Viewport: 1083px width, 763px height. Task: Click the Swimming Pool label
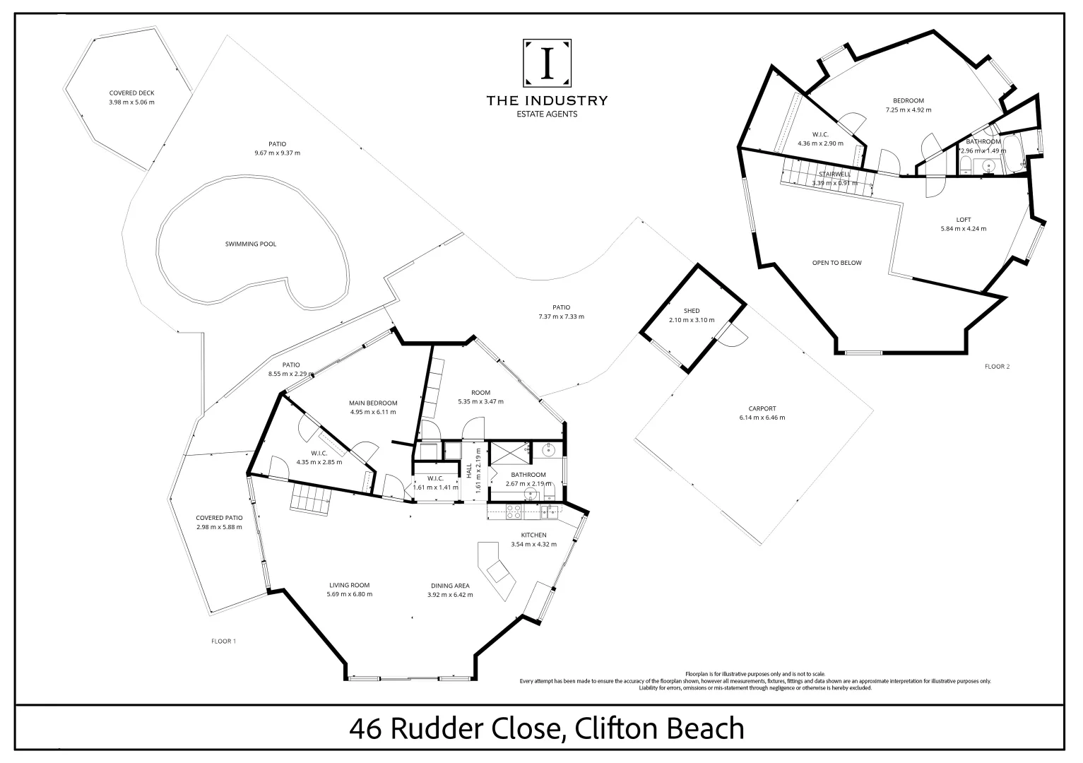[x=251, y=244]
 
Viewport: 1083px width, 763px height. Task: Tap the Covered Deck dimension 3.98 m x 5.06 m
[x=131, y=102]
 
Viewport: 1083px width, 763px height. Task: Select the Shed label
[x=692, y=311]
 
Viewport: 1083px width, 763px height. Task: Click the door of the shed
[x=731, y=336]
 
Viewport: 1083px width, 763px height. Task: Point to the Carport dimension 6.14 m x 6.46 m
[x=762, y=418]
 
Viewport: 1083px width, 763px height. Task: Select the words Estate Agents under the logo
[x=547, y=114]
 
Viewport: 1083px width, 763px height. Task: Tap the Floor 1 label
[x=224, y=641]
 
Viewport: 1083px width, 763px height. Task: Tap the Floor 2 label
[x=998, y=367]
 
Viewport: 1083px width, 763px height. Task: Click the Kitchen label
[x=533, y=535]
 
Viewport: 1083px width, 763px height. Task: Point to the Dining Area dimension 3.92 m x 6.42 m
[x=450, y=595]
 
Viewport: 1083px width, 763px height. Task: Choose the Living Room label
[x=349, y=585]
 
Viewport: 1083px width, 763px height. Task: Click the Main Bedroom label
[x=373, y=403]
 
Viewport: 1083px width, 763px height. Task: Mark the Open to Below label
[x=836, y=263]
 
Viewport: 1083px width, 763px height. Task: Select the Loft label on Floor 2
[x=964, y=220]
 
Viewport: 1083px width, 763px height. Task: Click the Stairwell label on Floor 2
[x=834, y=174]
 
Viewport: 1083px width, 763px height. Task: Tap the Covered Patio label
[x=219, y=518]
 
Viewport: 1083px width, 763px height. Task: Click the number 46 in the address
[x=366, y=728]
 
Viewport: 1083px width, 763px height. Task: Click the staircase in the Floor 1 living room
[x=310, y=498]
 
